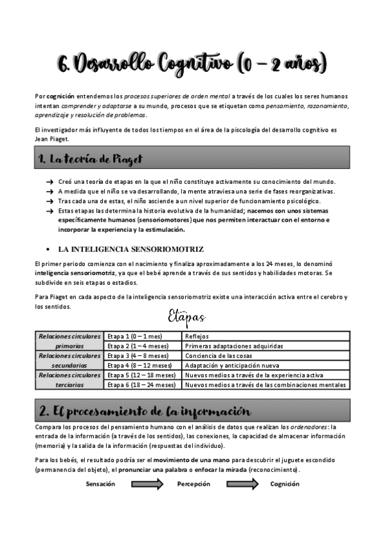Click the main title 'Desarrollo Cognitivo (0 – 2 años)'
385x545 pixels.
click(192, 64)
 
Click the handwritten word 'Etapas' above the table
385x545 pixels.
click(186, 317)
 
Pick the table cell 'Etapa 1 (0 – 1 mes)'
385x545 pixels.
click(134, 336)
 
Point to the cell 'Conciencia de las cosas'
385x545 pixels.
click(218, 355)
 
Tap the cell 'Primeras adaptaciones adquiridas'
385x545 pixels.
click(233, 346)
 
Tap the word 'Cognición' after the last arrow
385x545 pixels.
click(285, 484)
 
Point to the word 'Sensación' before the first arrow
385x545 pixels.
click(101, 484)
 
